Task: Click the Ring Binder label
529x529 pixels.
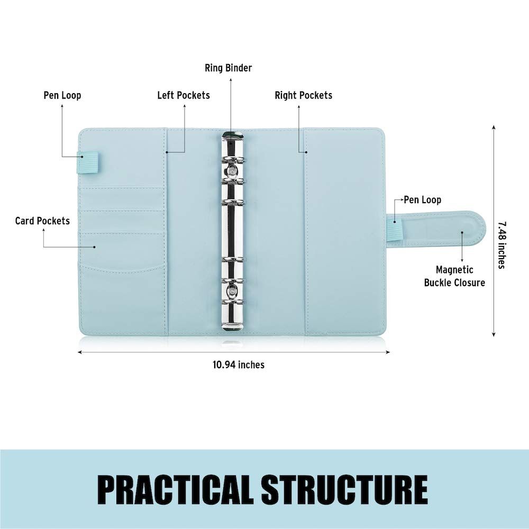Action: pos(228,68)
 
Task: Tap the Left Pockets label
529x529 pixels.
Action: pos(184,95)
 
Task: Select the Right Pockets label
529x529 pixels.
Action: pos(303,95)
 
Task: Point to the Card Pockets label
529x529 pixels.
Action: pos(42,221)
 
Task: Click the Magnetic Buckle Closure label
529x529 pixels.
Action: pos(454,276)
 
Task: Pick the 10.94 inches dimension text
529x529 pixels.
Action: pos(239,364)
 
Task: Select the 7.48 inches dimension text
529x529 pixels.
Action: pos(503,245)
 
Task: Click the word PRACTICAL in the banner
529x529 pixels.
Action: pos(176,489)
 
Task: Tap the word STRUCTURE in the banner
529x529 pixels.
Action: pos(344,489)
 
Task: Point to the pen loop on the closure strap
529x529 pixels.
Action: pos(394,227)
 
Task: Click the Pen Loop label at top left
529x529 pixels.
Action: pos(62,95)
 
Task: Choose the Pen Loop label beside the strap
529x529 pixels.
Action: pos(422,200)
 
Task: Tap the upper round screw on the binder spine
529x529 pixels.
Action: pos(232,171)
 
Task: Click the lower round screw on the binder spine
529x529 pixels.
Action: pos(232,289)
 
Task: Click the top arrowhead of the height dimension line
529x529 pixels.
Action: pos(494,127)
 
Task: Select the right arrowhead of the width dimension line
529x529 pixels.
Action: pos(388,352)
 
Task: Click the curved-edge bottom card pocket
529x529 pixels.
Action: pos(123,297)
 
